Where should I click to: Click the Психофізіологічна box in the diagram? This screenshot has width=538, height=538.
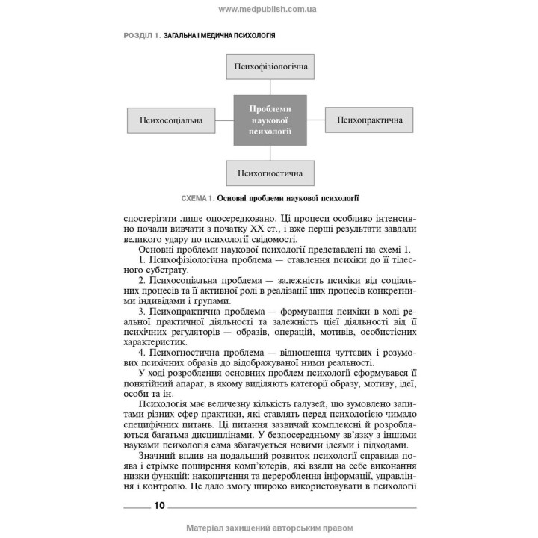[x=269, y=67]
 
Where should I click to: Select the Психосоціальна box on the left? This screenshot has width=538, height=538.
[x=171, y=120]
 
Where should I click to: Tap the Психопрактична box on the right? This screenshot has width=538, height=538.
[x=370, y=120]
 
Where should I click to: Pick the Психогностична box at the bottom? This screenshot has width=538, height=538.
[x=269, y=173]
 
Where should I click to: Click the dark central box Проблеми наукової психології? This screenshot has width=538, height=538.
[x=269, y=120]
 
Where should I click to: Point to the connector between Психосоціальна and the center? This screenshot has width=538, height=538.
[x=223, y=120]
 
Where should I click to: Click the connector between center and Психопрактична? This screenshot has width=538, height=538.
[x=316, y=120]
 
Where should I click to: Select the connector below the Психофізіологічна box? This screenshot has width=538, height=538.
[x=269, y=87]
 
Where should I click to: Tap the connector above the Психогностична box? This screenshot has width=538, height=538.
[x=269, y=152]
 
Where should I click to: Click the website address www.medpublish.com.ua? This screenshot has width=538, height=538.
[x=268, y=9]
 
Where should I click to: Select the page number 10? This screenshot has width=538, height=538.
[x=159, y=505]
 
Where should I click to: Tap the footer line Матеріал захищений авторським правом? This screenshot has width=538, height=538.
[x=268, y=527]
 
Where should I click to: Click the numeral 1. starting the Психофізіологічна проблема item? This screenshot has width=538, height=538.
[x=143, y=259]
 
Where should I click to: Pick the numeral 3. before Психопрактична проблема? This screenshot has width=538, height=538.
[x=143, y=310]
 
